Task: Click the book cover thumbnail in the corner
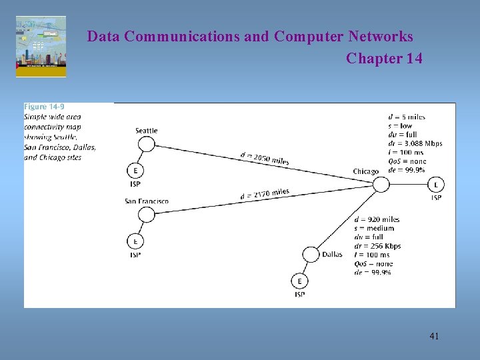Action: [x=41, y=47]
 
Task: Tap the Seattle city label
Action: [x=147, y=131]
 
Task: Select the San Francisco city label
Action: [x=147, y=201]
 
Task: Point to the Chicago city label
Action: [x=365, y=171]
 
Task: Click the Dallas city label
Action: [x=332, y=254]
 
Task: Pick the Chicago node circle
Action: [x=381, y=184]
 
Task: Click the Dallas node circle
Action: [x=311, y=255]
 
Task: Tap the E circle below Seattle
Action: [x=135, y=170]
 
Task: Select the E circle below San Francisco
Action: [x=135, y=241]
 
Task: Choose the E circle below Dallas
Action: [x=299, y=281]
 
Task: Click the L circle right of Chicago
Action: [x=436, y=185]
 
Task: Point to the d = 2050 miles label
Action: [x=265, y=159]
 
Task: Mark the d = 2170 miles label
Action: [x=265, y=194]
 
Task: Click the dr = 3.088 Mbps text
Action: [x=415, y=143]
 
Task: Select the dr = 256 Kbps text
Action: [x=377, y=246]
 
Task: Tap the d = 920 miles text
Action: [x=377, y=219]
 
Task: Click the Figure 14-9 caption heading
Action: [x=44, y=107]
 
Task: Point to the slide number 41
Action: [x=434, y=336]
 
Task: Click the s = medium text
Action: [x=374, y=228]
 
